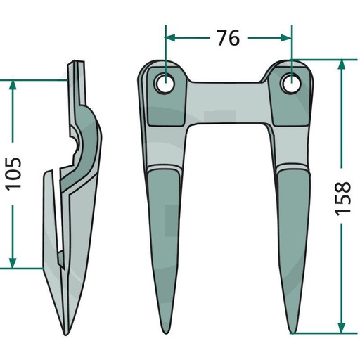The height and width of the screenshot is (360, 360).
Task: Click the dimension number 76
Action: pyautogui.click(x=229, y=38)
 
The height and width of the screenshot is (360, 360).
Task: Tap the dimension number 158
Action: pyautogui.click(x=342, y=198)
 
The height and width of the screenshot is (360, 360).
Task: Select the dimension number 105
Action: pyautogui.click(x=13, y=174)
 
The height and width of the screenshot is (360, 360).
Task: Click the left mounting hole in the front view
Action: pyautogui.click(x=165, y=84)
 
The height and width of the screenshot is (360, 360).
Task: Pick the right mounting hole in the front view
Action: pyautogui.click(x=292, y=83)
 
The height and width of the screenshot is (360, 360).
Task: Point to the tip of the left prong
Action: pyautogui.click(x=166, y=333)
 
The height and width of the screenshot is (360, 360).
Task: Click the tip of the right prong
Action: pyautogui.click(x=292, y=333)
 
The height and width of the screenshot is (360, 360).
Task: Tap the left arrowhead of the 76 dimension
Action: pyautogui.click(x=169, y=37)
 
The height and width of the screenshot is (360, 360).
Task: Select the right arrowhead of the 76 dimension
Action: pyautogui.click(x=286, y=37)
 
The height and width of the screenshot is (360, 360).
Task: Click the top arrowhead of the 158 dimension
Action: pyautogui.click(x=342, y=64)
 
